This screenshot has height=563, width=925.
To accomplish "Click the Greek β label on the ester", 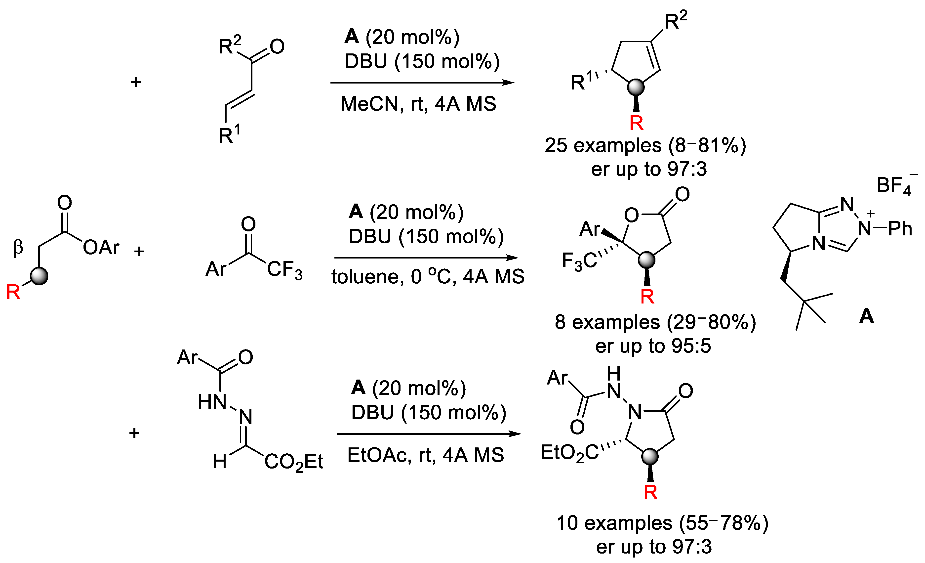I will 18,248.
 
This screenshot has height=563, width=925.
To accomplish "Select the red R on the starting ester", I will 13,292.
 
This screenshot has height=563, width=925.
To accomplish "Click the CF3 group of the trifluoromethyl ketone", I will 284,270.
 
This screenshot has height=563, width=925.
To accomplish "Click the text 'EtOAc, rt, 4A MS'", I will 425,455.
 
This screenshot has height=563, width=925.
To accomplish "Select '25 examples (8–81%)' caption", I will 645,145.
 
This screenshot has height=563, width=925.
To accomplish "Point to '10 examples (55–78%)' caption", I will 662,523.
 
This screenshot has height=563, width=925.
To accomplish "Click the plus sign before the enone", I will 136,82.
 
